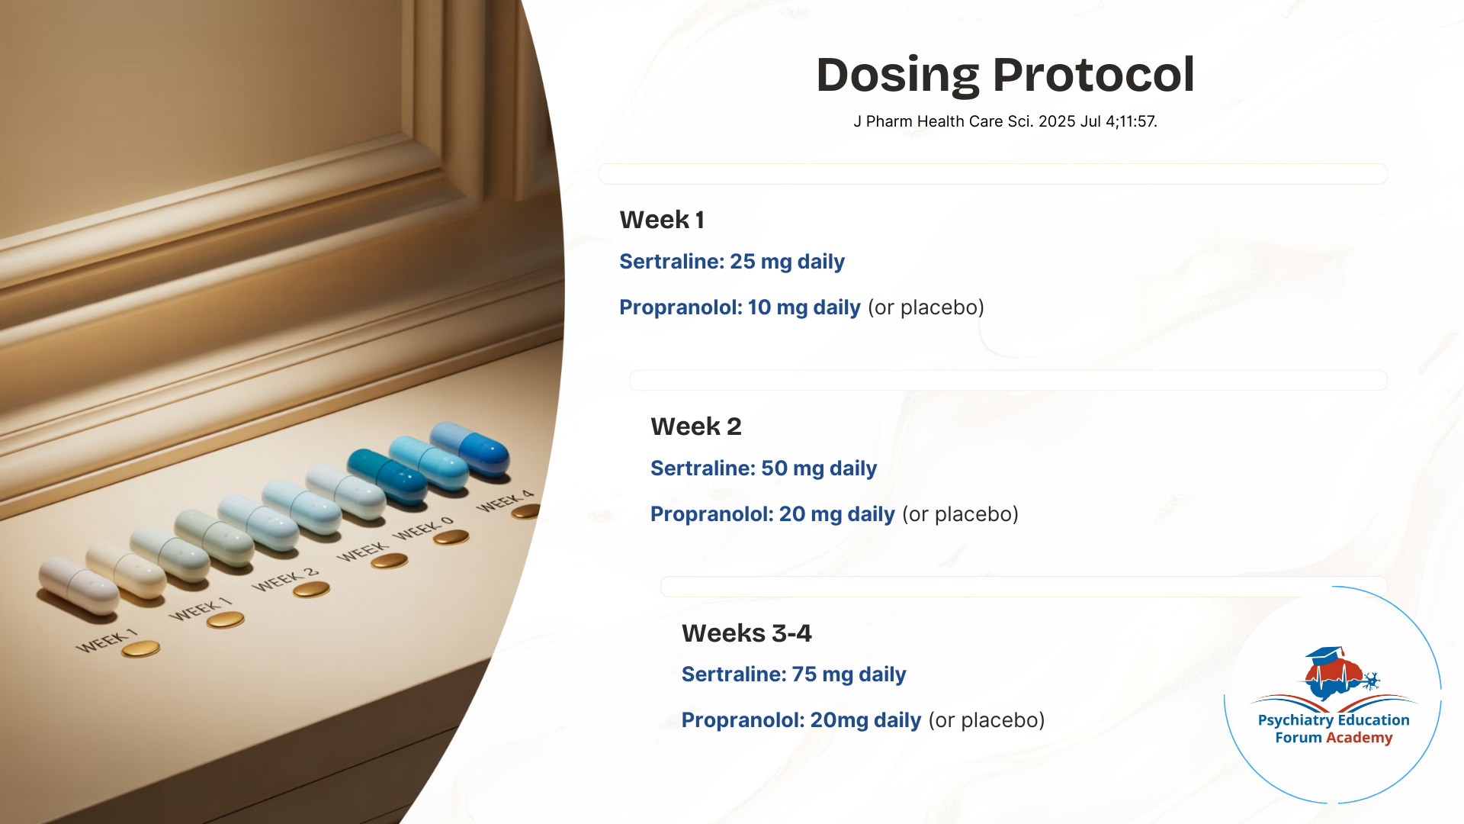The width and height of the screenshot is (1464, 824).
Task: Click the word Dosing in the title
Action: [897, 76]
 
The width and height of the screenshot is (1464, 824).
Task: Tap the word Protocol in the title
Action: [1093, 75]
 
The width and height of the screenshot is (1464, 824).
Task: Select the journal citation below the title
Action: [1005, 121]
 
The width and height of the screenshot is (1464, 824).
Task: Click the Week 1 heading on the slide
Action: [662, 220]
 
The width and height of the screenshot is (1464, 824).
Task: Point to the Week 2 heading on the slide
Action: [696, 426]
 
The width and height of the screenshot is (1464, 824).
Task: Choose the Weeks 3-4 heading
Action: [746, 633]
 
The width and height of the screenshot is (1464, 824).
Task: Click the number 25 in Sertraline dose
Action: [743, 262]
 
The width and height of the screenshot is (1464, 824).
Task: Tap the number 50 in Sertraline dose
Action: [774, 468]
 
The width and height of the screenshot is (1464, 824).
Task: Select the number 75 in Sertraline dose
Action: [804, 674]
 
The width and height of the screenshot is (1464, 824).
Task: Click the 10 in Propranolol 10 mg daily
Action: [759, 307]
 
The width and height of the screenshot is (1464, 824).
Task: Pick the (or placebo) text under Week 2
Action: [960, 514]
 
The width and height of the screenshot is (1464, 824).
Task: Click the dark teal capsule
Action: [387, 476]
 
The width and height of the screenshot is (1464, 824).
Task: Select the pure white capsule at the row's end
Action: [79, 585]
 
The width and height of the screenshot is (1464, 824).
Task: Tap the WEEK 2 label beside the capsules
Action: [285, 580]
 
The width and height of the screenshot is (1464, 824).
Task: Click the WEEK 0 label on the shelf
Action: [423, 528]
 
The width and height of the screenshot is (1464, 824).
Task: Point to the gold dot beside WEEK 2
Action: [311, 589]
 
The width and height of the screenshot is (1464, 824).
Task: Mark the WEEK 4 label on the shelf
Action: [505, 501]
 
